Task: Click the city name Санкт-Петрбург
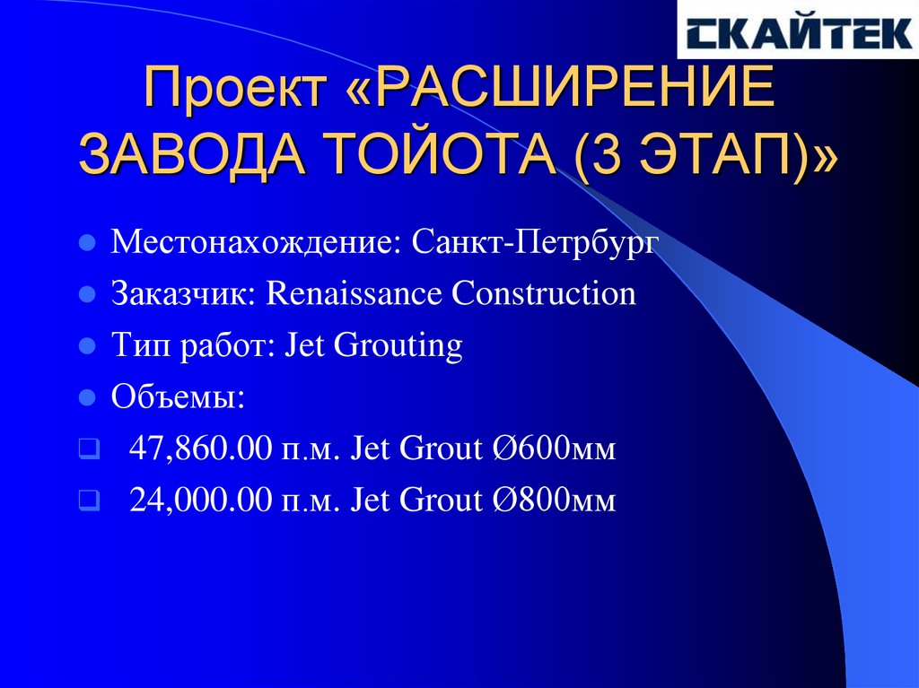click(536, 243)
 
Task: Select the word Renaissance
click(354, 294)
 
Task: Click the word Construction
click(544, 294)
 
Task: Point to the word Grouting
click(398, 346)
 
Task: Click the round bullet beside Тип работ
click(87, 345)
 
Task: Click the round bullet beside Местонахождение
click(87, 243)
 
